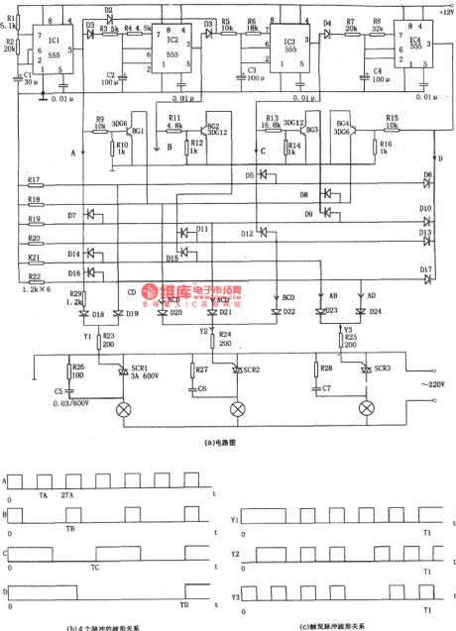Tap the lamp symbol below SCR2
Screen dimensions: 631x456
pos(236,409)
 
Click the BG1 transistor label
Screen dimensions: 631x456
pos(137,130)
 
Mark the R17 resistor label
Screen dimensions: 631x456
pos(34,179)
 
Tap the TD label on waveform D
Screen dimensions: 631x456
pos(183,603)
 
